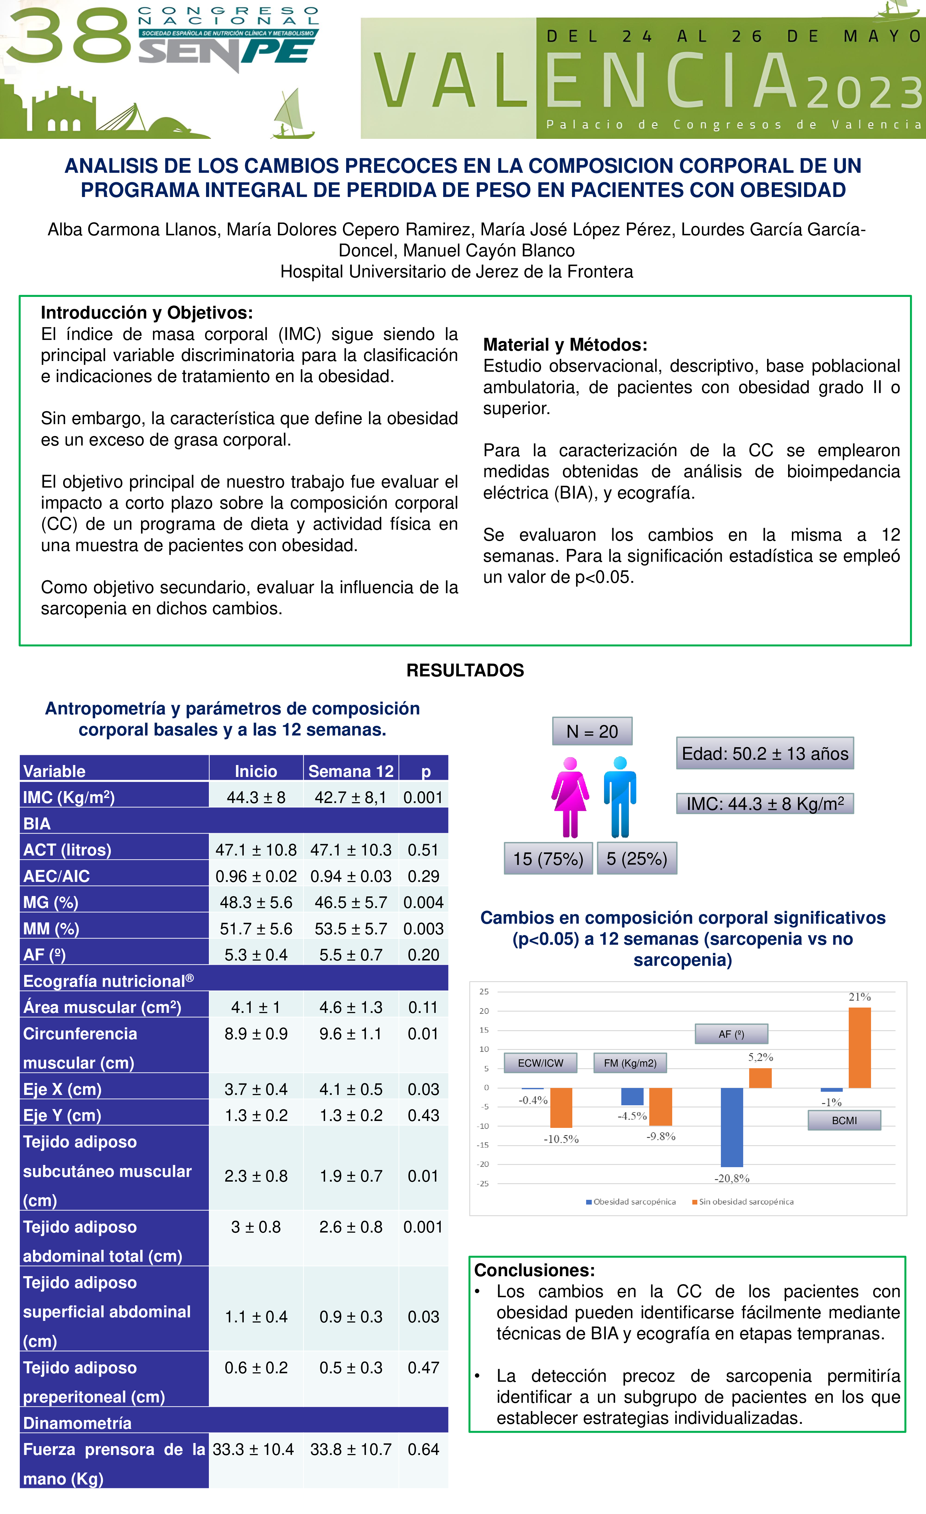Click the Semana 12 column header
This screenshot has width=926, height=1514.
click(x=351, y=771)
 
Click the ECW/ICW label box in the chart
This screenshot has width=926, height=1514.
click(x=540, y=1063)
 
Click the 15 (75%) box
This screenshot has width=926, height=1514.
click(x=548, y=858)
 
